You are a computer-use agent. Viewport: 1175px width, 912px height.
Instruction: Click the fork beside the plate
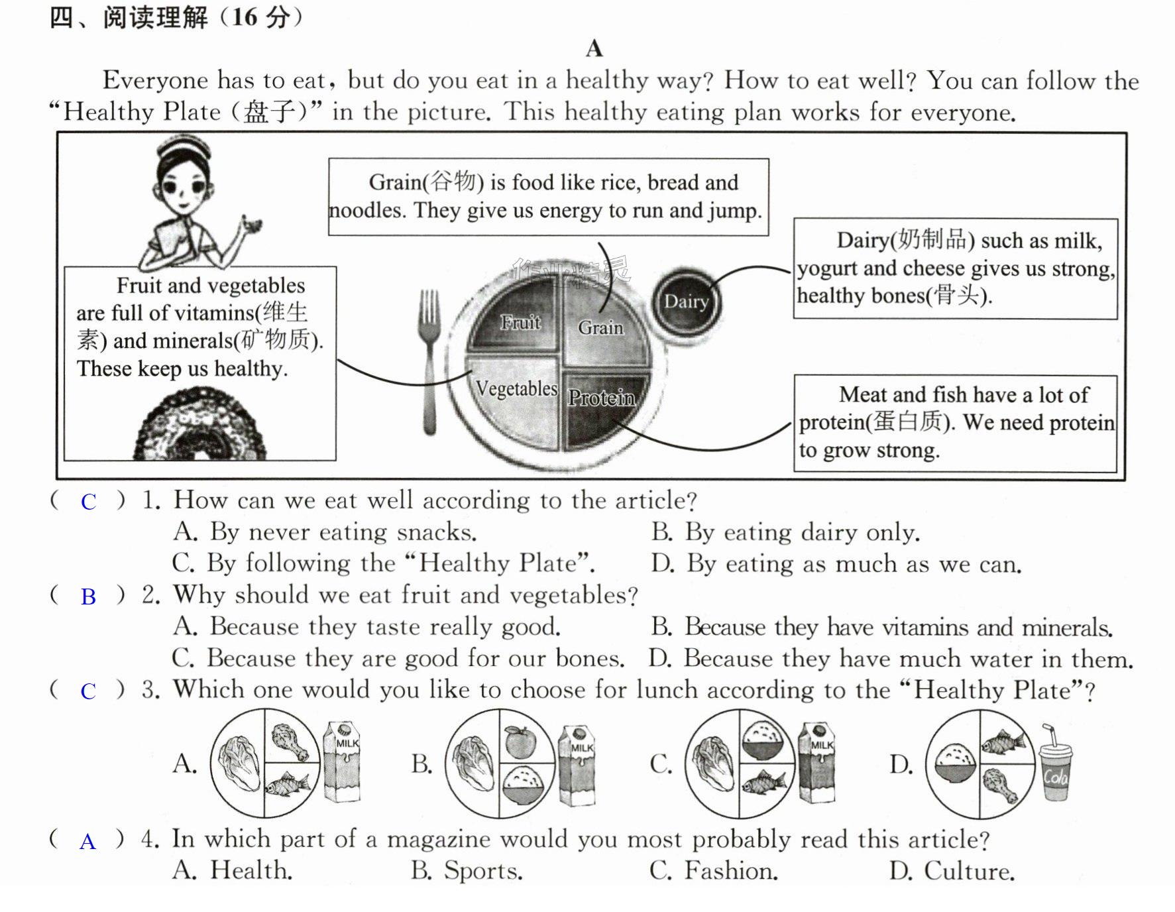[x=429, y=361]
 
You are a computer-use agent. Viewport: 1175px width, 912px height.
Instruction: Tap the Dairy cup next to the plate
[x=686, y=303]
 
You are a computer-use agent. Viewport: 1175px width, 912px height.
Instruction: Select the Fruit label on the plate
[x=520, y=322]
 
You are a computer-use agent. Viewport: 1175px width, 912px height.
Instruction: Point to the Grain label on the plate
[x=600, y=327]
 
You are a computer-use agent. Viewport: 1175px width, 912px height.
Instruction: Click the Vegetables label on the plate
[x=517, y=388]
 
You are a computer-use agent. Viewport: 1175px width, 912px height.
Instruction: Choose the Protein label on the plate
[x=602, y=398]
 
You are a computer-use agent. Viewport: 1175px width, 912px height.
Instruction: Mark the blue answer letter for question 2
[x=88, y=597]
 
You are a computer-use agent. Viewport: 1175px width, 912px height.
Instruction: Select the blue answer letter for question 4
[x=87, y=842]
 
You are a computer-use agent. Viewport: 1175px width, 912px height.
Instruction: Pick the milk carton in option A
[x=341, y=762]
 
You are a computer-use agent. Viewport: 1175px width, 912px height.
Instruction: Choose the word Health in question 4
[x=251, y=870]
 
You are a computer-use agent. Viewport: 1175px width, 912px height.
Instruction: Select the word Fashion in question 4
[x=731, y=870]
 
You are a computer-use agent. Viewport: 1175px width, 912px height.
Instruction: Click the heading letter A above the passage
[x=594, y=48]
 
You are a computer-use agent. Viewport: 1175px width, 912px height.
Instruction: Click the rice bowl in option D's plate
[x=955, y=764]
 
